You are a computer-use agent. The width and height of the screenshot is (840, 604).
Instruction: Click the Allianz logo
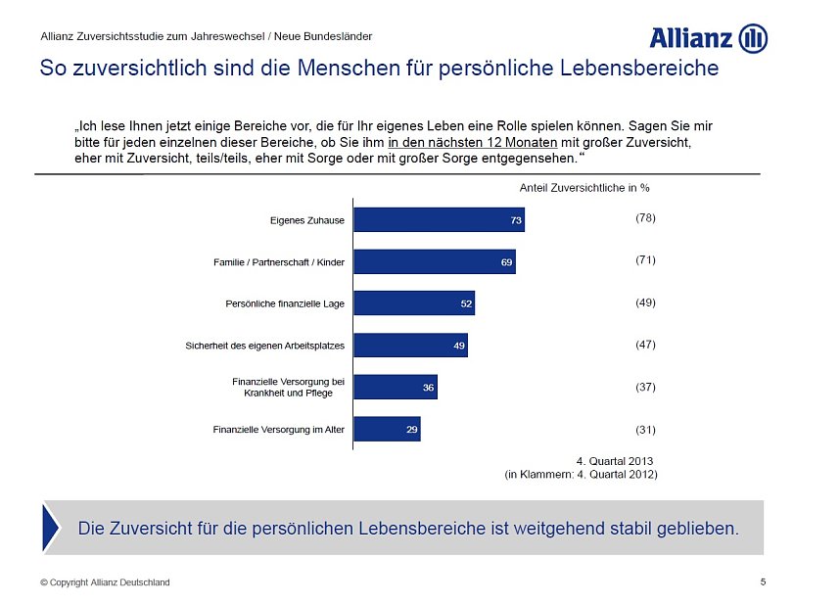point(708,38)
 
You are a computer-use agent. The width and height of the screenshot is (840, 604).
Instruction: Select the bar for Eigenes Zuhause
point(439,220)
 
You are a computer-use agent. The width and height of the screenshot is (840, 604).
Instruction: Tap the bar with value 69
point(434,262)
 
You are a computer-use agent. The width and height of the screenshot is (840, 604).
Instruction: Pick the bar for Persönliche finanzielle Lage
point(413,303)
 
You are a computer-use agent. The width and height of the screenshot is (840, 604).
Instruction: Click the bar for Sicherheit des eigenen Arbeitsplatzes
point(410,346)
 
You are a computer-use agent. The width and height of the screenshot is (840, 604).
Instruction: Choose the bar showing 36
point(395,388)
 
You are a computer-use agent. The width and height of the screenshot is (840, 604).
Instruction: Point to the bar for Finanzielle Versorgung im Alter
point(387,429)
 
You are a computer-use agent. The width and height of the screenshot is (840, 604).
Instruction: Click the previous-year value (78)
point(645,218)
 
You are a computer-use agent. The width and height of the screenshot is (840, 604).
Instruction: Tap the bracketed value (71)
point(645,260)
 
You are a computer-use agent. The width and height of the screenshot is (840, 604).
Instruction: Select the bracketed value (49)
point(645,302)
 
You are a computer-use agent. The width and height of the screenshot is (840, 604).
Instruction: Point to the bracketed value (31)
point(645,430)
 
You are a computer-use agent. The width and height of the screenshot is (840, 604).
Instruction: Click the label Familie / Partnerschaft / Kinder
point(279,262)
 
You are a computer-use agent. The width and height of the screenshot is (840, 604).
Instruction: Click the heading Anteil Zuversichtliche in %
point(584,187)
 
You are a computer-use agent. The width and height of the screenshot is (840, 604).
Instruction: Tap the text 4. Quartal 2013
point(614,461)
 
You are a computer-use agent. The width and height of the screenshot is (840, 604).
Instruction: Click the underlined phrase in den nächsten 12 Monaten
point(473,142)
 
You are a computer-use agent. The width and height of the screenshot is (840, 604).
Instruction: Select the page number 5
point(763,582)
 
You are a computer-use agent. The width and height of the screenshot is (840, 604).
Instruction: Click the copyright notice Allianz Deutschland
point(105,582)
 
